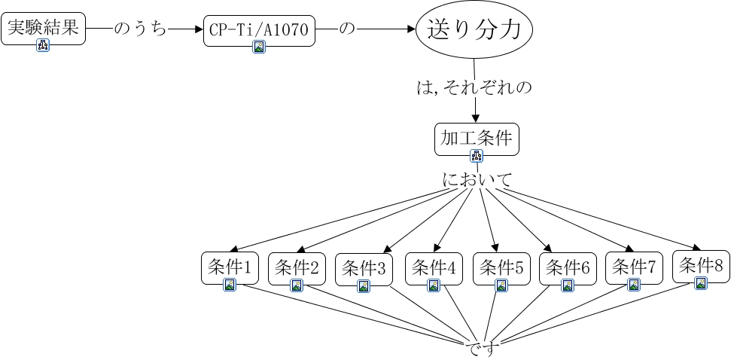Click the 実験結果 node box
(x=44, y=29)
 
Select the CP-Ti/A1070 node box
(x=259, y=31)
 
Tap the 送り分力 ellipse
(x=474, y=29)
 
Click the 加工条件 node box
(x=477, y=139)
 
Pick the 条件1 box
(x=230, y=267)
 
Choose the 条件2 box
(x=297, y=268)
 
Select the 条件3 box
(x=364, y=269)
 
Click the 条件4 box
(x=434, y=268)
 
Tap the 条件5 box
(x=501, y=269)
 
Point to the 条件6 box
(x=568, y=269)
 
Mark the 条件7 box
(x=634, y=268)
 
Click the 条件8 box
(x=701, y=267)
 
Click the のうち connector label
(x=140, y=29)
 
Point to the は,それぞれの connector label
(x=474, y=87)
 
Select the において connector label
(x=477, y=179)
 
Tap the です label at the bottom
(x=480, y=349)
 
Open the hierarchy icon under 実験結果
(x=44, y=45)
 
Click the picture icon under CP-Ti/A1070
(x=259, y=47)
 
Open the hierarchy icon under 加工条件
(x=477, y=156)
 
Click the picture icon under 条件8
(x=701, y=283)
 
